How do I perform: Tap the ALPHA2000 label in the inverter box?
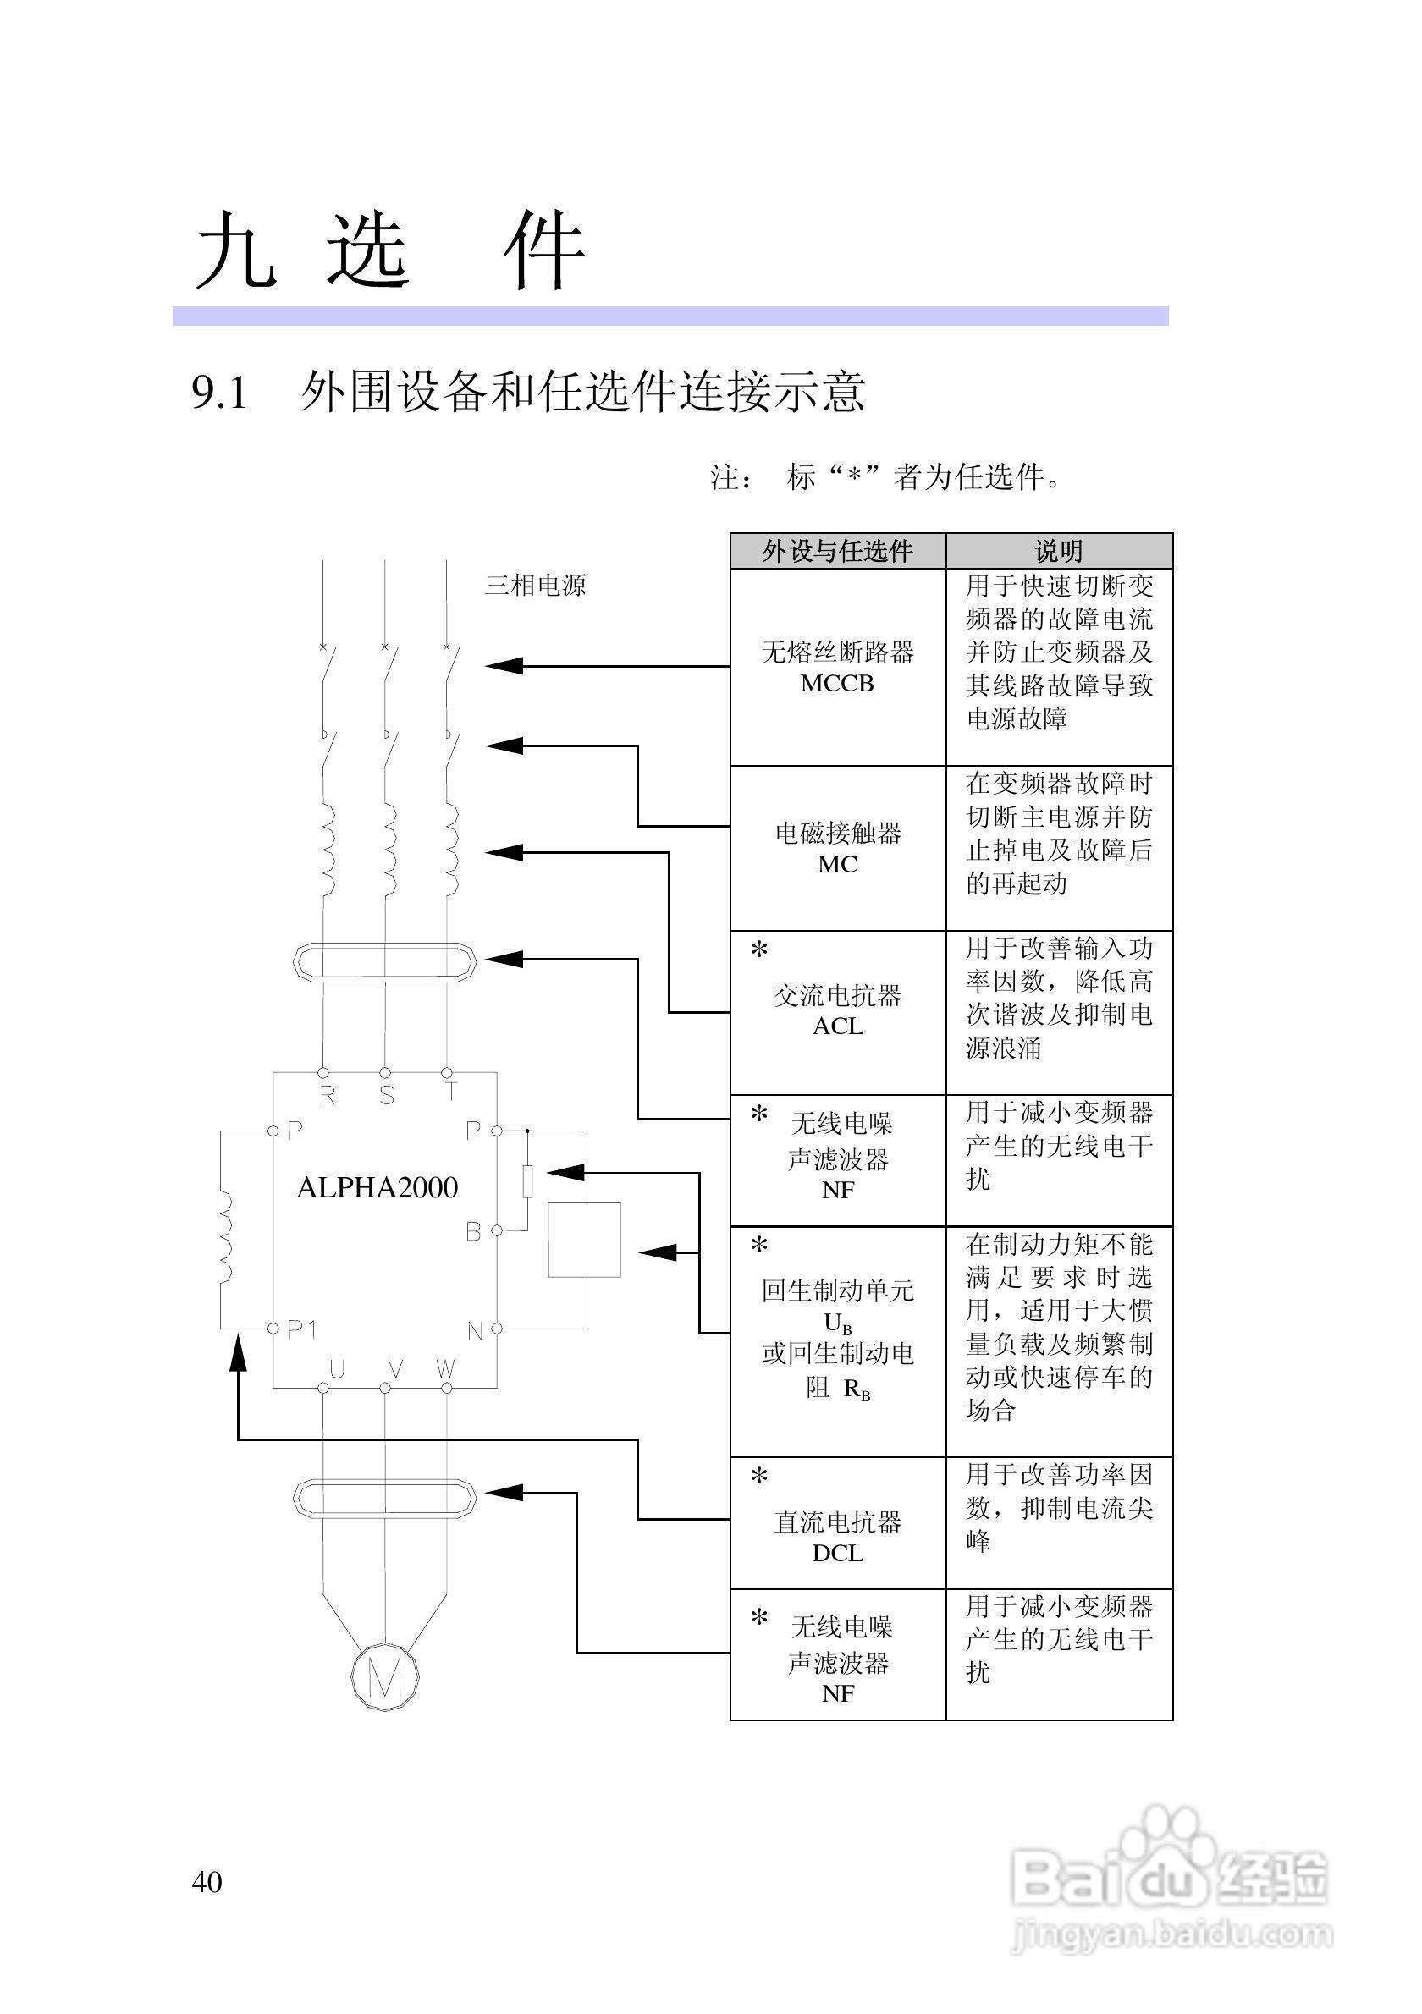tap(378, 1188)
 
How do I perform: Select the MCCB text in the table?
tap(837, 684)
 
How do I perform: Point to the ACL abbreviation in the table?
tap(838, 1026)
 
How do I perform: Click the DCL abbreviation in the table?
tap(838, 1554)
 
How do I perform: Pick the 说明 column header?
tap(1059, 551)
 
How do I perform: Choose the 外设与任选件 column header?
tap(838, 551)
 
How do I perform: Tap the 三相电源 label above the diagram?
tap(535, 585)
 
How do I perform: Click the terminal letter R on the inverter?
tap(328, 1096)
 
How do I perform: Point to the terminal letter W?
tap(445, 1369)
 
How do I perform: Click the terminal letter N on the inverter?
tap(475, 1332)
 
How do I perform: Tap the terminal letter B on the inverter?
tap(473, 1232)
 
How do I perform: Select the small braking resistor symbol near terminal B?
tap(528, 1180)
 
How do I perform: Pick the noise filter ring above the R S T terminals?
tap(384, 962)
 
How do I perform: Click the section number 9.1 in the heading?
tap(219, 392)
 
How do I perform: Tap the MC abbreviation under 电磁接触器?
tap(837, 864)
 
